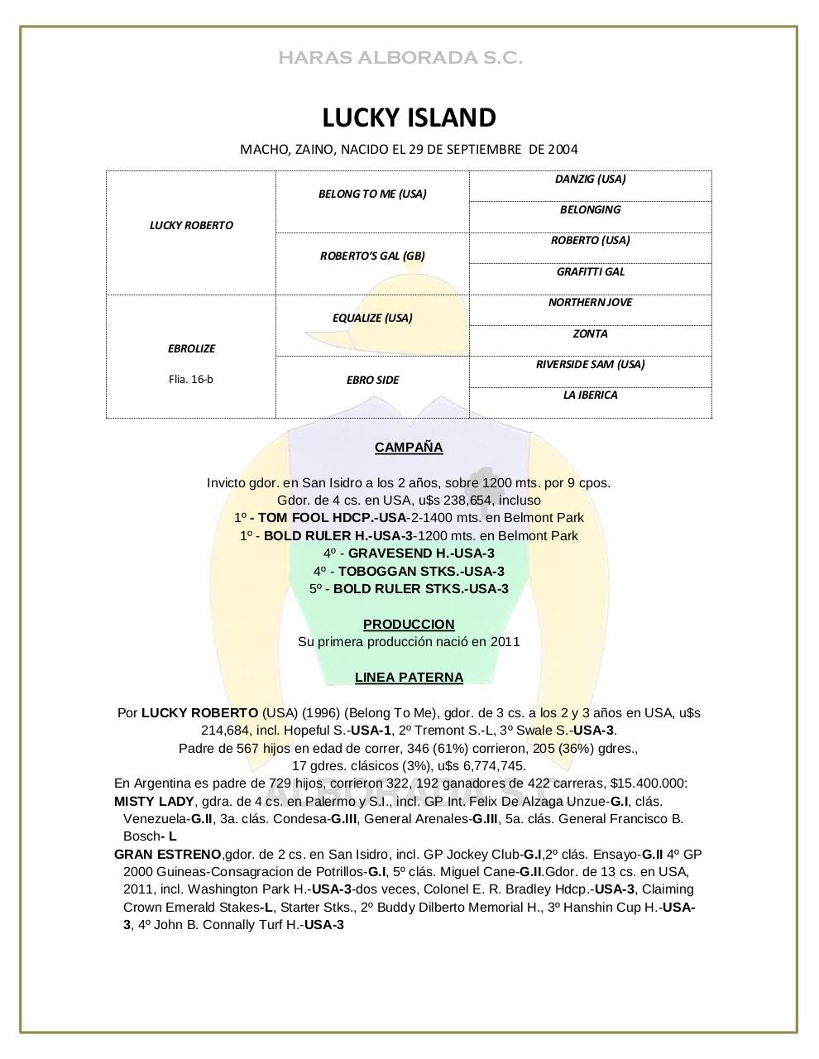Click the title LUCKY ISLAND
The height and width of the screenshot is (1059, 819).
pyautogui.click(x=409, y=117)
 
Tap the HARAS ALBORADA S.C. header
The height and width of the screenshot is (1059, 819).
pyautogui.click(x=400, y=58)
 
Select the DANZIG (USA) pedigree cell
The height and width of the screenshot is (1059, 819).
pyautogui.click(x=590, y=179)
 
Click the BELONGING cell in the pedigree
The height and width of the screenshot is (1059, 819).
pyautogui.click(x=590, y=209)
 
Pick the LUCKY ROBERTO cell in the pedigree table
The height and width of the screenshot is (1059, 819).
pyautogui.click(x=191, y=225)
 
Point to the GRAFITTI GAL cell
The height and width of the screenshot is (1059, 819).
pyautogui.click(x=590, y=271)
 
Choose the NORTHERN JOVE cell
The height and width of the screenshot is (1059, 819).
pyautogui.click(x=590, y=302)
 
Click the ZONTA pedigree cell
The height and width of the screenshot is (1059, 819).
pyautogui.click(x=590, y=333)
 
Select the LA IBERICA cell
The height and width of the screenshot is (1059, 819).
pyautogui.click(x=590, y=395)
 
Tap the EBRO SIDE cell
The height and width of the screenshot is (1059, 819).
pyautogui.click(x=372, y=380)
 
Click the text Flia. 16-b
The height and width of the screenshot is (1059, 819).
pyautogui.click(x=191, y=379)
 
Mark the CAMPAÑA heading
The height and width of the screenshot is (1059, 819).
pyautogui.click(x=409, y=448)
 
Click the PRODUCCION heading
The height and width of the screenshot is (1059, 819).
pyautogui.click(x=409, y=625)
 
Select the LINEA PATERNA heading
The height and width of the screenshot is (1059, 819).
pyautogui.click(x=409, y=678)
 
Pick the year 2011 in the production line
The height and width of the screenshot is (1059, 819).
pyautogui.click(x=505, y=642)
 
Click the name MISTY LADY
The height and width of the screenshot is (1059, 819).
pyautogui.click(x=154, y=802)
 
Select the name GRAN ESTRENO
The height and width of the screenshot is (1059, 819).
pyautogui.click(x=168, y=855)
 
